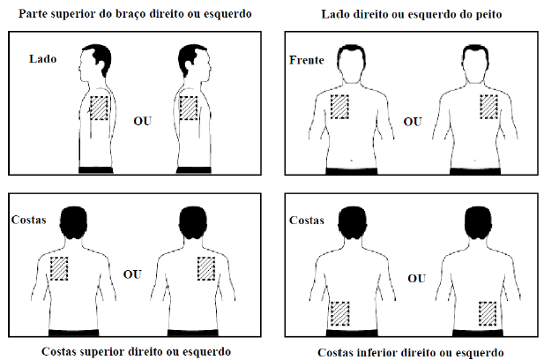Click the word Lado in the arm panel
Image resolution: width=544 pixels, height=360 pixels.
[x=42, y=58]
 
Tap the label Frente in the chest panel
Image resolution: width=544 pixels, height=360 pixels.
[x=307, y=60]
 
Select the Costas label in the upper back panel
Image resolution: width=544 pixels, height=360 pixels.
[x=29, y=220]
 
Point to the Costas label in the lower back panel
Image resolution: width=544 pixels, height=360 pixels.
[x=307, y=220]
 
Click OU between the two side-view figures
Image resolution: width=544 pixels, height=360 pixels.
[x=143, y=121]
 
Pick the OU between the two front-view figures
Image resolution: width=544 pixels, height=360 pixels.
[x=413, y=122]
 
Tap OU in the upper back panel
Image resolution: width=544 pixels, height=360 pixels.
[x=132, y=274]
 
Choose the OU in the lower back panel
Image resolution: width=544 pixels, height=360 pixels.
[x=417, y=279]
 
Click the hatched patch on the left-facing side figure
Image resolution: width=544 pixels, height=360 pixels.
[x=100, y=109]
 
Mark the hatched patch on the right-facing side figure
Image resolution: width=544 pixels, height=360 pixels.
[x=189, y=109]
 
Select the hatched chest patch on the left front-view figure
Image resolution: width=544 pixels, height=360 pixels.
[x=339, y=107]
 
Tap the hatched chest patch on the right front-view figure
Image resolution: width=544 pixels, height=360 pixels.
[x=489, y=107]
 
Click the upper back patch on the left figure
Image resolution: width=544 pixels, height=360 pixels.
[x=59, y=269]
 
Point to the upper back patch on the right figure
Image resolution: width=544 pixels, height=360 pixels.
[x=206, y=269]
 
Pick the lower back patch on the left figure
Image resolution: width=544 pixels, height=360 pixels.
[x=340, y=314]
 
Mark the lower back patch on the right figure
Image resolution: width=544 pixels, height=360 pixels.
[x=488, y=314]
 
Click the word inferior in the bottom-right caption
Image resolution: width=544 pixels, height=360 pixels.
[x=378, y=353]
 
